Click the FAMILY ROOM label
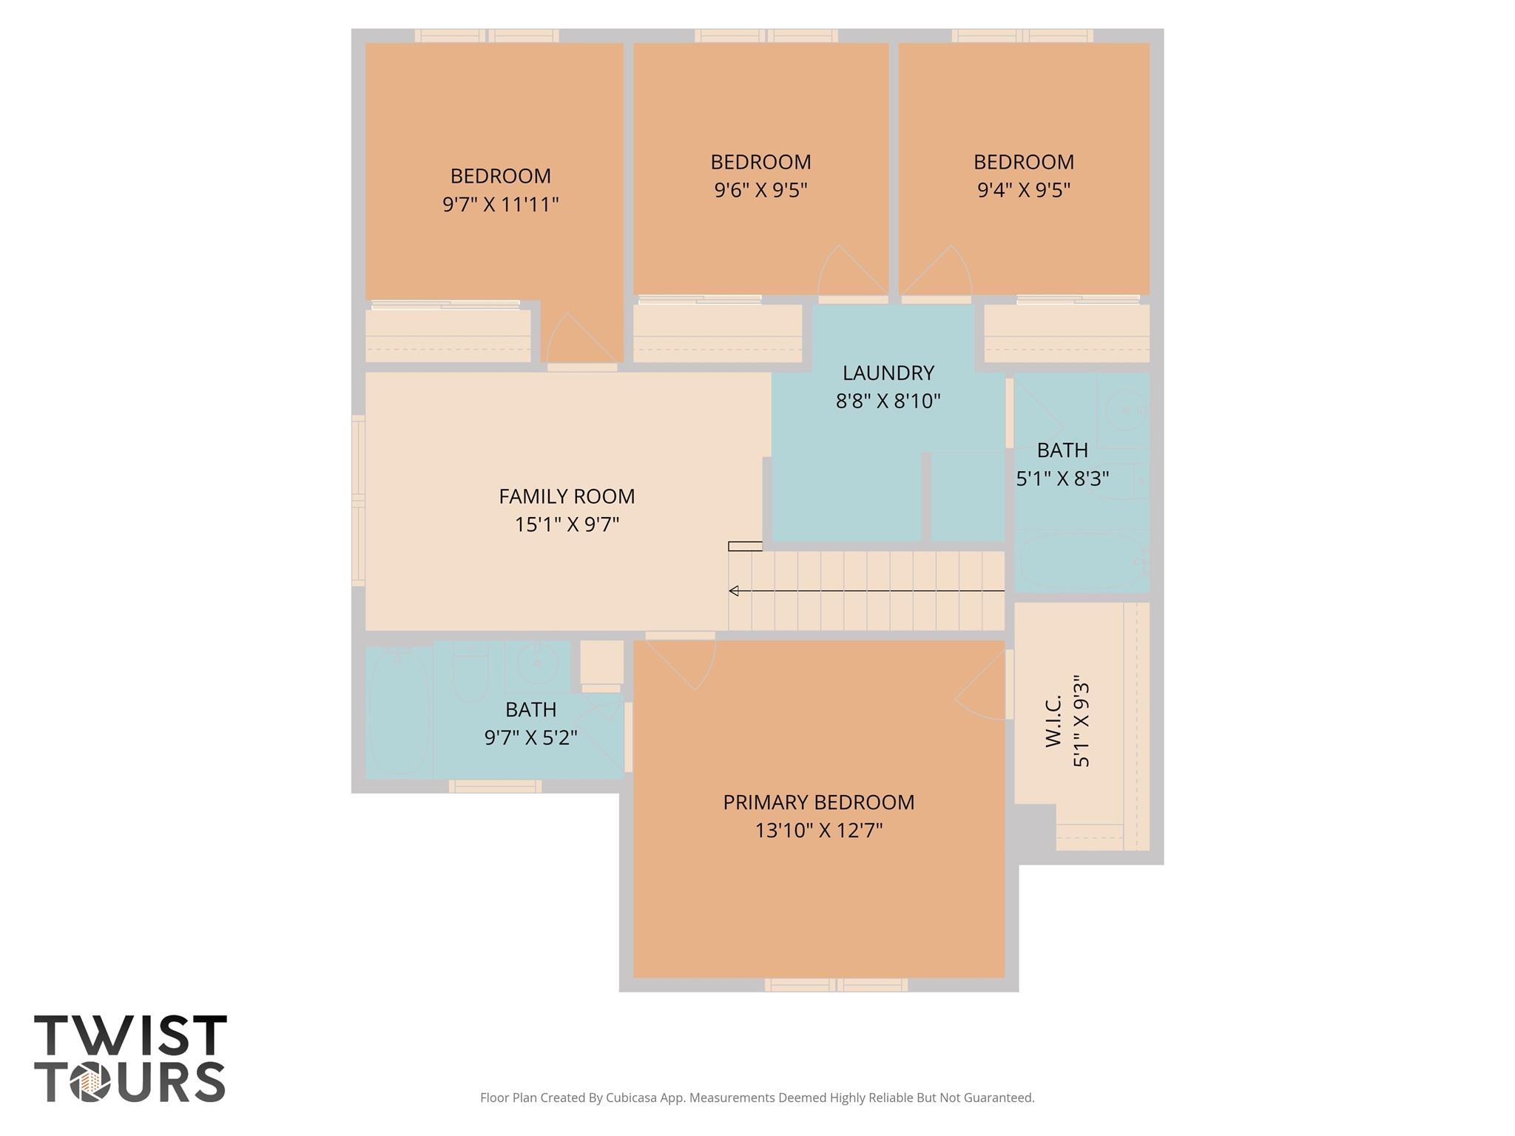tap(567, 496)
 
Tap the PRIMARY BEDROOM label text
tap(819, 802)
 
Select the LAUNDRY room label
tap(888, 373)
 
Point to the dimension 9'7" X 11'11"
tap(500, 204)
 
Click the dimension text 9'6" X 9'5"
tap(760, 190)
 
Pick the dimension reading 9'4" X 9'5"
tap(1024, 190)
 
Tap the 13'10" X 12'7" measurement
tap(819, 831)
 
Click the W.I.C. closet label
tap(1053, 721)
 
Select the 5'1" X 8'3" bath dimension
tap(1062, 479)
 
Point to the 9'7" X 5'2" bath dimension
tap(530, 737)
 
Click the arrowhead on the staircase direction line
tap(734, 591)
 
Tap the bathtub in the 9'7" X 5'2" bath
tap(399, 711)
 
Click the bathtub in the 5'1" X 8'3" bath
tap(1082, 561)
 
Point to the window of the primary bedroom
tap(836, 984)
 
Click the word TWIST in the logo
tap(130, 1035)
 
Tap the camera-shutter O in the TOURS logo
tap(90, 1082)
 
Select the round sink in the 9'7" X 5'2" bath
tap(536, 663)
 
